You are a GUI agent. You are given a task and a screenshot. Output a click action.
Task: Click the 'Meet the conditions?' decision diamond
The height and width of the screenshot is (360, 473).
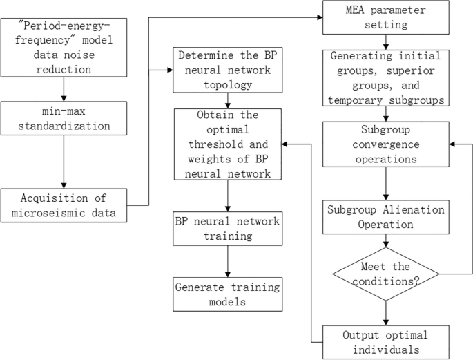385,275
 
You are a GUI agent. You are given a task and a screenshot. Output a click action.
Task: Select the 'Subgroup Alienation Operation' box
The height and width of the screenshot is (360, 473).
385,216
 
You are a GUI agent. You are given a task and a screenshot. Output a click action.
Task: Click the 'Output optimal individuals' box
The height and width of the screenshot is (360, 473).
385,342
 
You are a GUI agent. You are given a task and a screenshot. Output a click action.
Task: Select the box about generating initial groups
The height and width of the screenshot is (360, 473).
385,77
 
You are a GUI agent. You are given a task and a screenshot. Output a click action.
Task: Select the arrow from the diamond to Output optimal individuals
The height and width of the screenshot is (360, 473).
385,310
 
